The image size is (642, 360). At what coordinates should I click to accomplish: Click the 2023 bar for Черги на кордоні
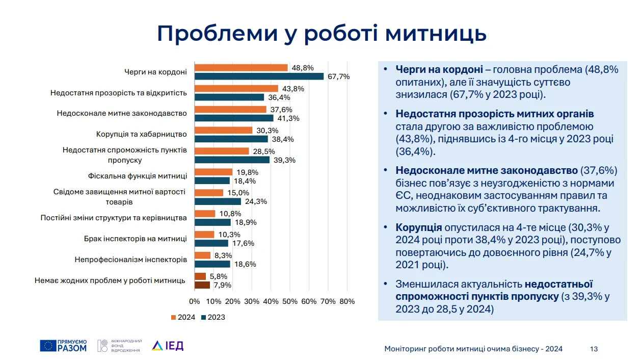point(259,76)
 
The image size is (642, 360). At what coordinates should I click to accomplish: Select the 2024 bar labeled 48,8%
point(241,68)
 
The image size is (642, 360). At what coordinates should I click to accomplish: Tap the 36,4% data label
point(279,97)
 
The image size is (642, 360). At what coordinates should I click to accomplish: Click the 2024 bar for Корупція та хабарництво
point(224,130)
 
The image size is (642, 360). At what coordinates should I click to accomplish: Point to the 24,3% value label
point(256,201)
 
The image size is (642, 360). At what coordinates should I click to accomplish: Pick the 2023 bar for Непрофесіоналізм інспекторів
point(212,264)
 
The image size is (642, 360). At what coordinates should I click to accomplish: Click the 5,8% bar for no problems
point(200,276)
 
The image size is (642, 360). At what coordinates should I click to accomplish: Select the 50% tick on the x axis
point(290,301)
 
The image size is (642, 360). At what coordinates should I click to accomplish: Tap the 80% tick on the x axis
point(347,301)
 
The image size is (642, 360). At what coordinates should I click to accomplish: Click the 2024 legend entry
point(183,317)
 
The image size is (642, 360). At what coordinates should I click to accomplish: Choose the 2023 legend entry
point(213,317)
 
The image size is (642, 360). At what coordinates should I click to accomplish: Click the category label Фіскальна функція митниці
point(138,176)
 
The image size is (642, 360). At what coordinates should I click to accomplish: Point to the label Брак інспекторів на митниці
point(136,239)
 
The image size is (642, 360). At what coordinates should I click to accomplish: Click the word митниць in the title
point(436,34)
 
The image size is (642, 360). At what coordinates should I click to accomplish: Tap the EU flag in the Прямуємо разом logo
point(48,346)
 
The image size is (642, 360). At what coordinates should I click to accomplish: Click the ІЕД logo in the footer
point(168,346)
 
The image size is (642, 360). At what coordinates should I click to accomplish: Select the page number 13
point(594,349)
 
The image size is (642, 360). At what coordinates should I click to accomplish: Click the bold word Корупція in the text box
point(419,227)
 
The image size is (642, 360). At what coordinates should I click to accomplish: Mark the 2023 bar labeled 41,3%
point(234,118)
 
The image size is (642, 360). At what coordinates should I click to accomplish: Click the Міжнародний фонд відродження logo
point(120,346)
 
